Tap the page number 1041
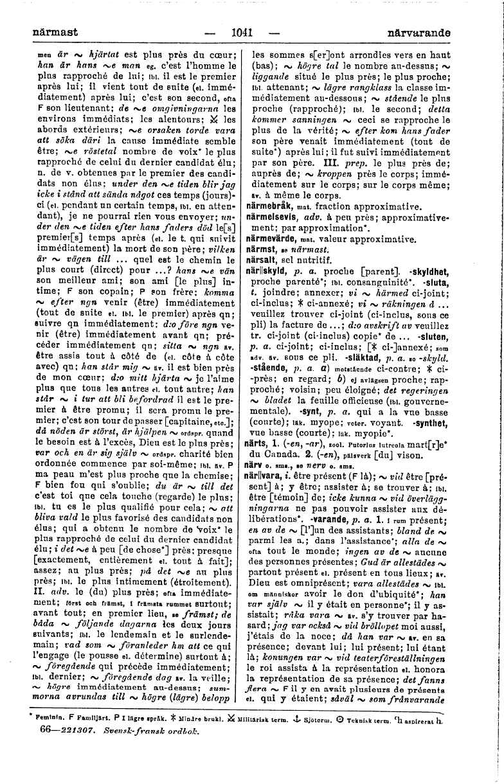click(x=241, y=31)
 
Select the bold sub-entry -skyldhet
click(x=431, y=271)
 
